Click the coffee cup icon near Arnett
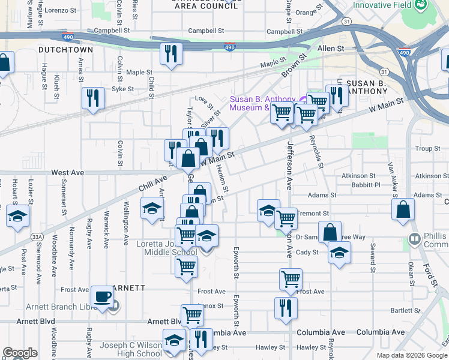coord(103,296)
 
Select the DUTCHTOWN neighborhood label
coord(65,50)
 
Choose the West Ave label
coord(67,172)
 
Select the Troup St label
coord(427,148)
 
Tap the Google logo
coord(20,353)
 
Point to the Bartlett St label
coord(405,311)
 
